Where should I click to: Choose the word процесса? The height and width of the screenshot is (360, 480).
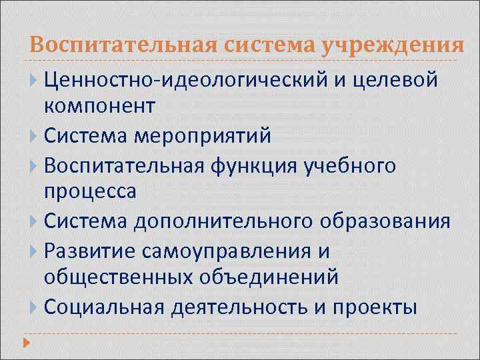point(90,191)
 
